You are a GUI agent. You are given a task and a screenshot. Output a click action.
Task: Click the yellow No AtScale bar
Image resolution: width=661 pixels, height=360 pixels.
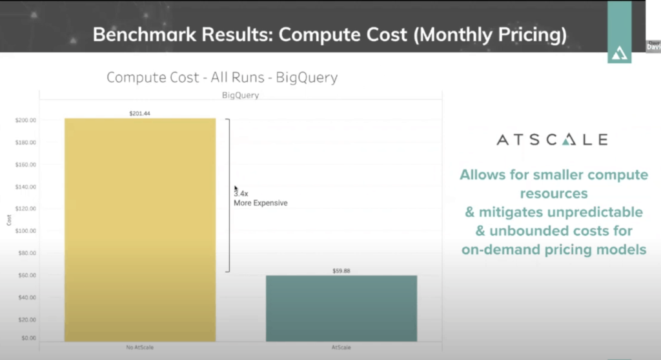[x=140, y=229]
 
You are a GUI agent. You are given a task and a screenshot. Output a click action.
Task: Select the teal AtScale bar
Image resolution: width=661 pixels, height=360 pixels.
[x=341, y=308]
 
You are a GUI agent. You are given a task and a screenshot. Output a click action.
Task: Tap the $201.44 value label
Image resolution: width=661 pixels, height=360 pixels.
[x=140, y=114]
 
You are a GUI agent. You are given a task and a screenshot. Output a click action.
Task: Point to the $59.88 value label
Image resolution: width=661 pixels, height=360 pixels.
[x=341, y=271]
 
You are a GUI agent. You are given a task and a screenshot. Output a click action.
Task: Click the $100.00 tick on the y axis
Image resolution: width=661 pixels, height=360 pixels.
[x=25, y=231]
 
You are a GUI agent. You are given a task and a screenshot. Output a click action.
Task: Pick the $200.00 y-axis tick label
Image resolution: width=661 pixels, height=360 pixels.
[x=25, y=121]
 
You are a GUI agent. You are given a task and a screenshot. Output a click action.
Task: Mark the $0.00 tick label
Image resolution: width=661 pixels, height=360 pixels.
[x=27, y=338]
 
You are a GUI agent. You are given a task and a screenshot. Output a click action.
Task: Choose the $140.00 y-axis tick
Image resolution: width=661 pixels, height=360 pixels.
[x=25, y=187]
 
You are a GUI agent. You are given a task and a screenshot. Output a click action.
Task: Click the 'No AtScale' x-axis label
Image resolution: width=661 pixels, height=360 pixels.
[x=140, y=347]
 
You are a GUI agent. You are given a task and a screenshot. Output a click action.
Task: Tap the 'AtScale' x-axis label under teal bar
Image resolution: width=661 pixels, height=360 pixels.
[x=341, y=347]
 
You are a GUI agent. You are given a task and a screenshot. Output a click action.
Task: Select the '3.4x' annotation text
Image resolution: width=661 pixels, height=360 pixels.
[x=241, y=192]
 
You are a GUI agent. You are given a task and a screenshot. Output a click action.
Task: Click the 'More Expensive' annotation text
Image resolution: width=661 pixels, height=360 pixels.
[x=260, y=203]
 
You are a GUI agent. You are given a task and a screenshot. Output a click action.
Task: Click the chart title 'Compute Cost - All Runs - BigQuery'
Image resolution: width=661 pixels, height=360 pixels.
[x=222, y=78]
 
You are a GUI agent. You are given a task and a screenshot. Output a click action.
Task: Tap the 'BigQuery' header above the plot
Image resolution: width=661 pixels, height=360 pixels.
[x=241, y=95]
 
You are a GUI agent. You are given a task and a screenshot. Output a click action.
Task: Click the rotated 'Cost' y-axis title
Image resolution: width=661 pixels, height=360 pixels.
[x=9, y=219]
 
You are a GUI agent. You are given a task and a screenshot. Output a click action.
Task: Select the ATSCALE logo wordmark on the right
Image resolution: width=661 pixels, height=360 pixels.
[x=552, y=140]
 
